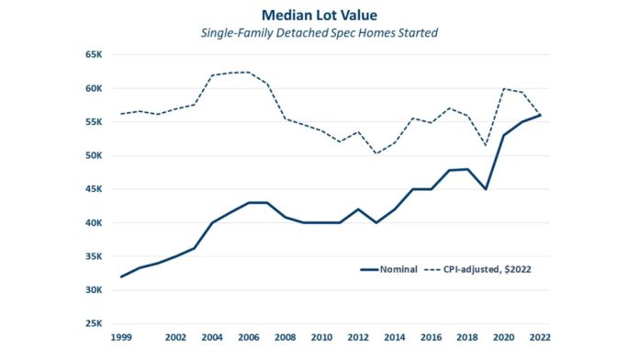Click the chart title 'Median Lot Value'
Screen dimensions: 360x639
(x=319, y=17)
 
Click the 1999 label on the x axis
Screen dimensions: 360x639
(x=121, y=338)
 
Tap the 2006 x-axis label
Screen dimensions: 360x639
(x=249, y=338)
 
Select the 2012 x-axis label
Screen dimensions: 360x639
(x=358, y=338)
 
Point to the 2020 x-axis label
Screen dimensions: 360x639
(x=503, y=338)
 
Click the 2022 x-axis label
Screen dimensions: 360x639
(x=540, y=338)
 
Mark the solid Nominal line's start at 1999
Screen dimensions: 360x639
(x=121, y=276)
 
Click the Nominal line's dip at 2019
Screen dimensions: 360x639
(x=486, y=189)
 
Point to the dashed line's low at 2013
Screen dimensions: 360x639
(x=376, y=153)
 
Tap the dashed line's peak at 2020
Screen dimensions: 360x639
(x=504, y=89)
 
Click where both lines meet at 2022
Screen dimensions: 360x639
(x=540, y=115)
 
